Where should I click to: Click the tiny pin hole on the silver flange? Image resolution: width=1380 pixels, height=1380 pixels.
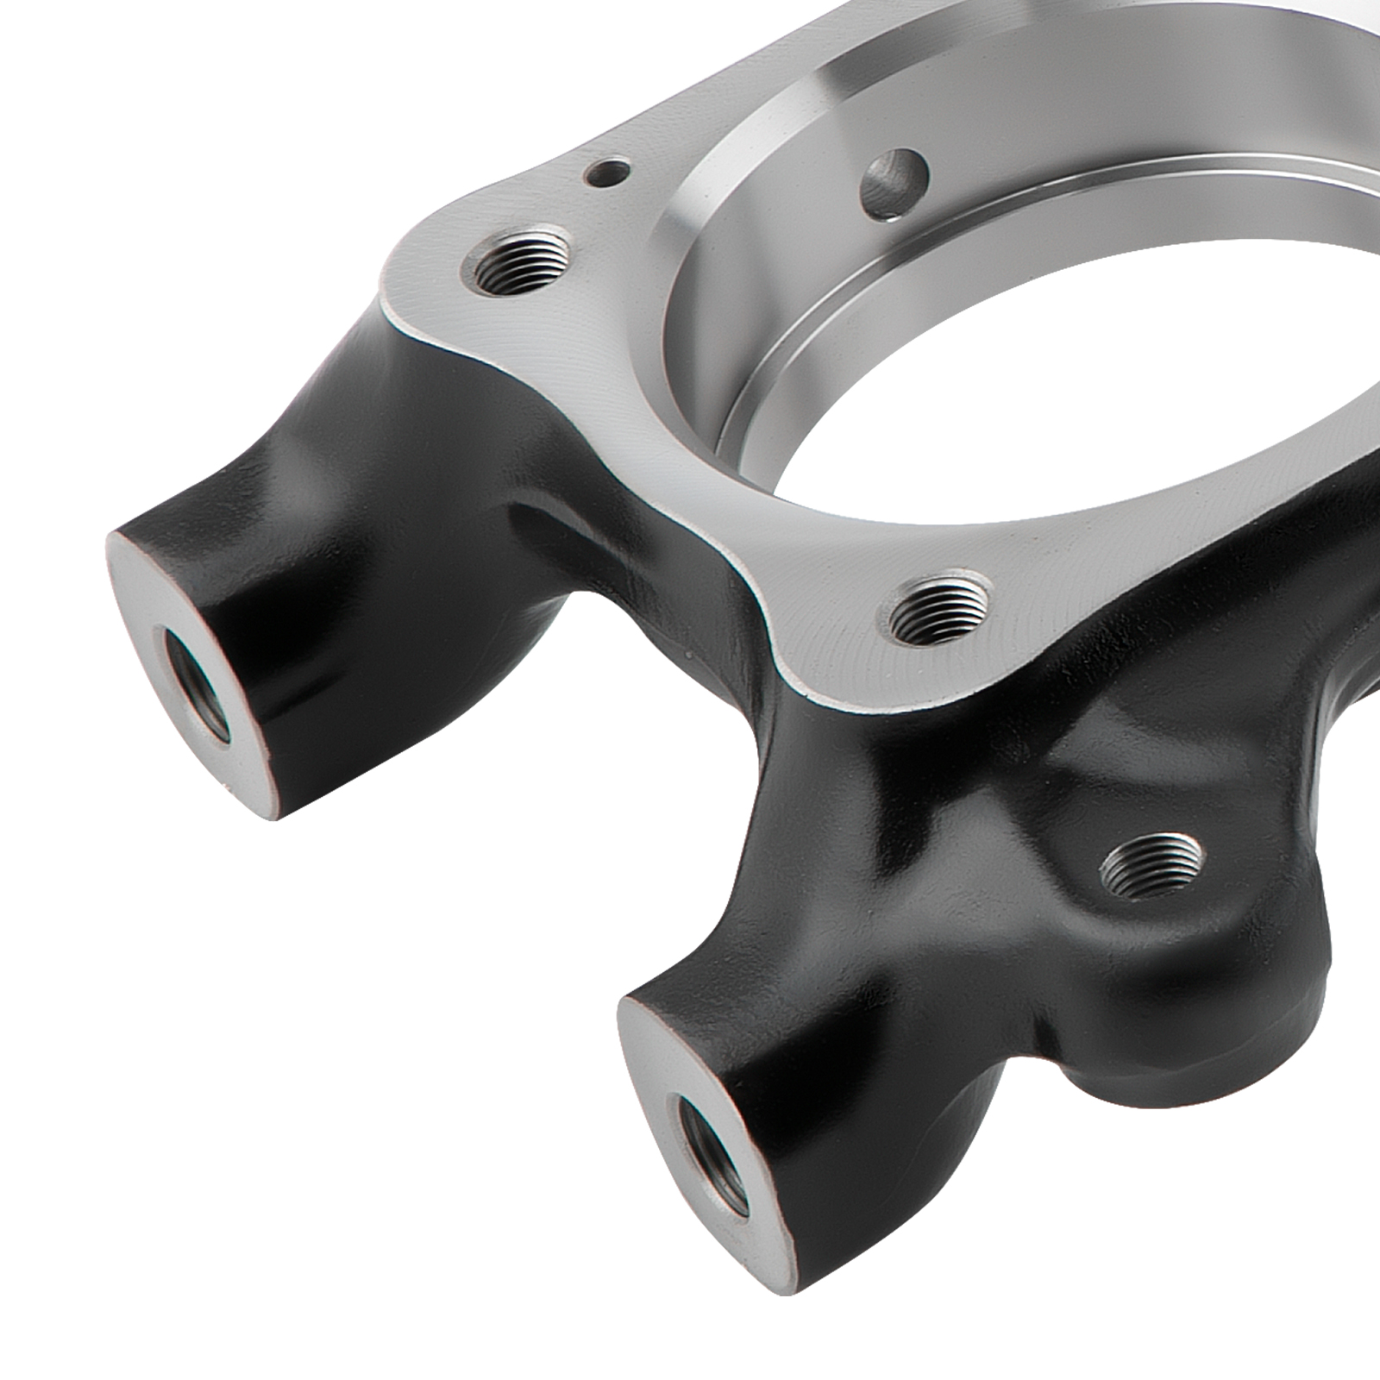[x=607, y=172]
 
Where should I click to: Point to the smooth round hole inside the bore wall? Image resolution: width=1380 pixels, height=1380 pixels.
[x=894, y=182]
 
